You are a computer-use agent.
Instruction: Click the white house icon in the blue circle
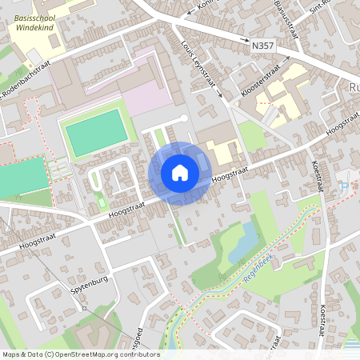click(x=180, y=173)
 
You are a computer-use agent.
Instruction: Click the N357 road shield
click(x=262, y=46)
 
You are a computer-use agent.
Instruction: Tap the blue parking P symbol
click(x=344, y=186)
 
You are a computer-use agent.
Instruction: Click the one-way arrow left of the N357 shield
click(x=237, y=46)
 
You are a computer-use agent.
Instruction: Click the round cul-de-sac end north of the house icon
click(x=184, y=119)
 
